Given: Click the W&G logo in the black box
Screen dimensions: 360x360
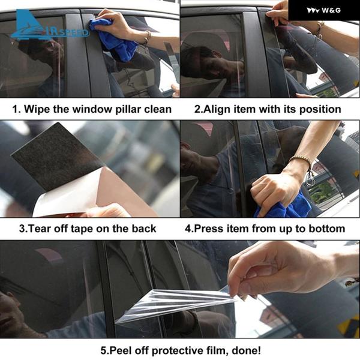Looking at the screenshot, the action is click(x=324, y=10).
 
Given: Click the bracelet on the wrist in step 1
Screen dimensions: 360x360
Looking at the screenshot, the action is click(x=147, y=37).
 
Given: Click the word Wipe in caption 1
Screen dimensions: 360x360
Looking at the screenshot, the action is click(x=37, y=109).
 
